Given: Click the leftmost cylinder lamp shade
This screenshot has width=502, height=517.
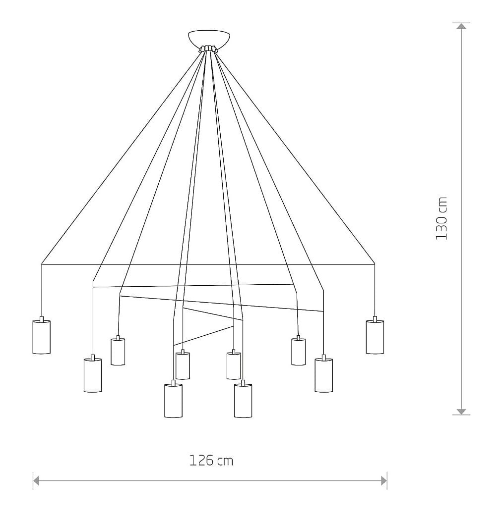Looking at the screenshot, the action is tap(42, 337).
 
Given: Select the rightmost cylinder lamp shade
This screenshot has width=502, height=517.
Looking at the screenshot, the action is tap(375, 337).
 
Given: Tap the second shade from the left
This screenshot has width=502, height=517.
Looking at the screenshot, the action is tap(93, 375).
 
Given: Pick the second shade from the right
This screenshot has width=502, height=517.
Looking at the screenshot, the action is tap(323, 375).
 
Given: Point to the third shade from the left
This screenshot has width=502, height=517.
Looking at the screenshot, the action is tap(118, 352).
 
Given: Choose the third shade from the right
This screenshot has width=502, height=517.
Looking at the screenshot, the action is tap(299, 352).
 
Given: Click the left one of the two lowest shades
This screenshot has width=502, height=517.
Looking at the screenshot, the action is tap(174, 401).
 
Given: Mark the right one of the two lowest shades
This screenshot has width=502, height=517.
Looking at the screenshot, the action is tap(243, 401).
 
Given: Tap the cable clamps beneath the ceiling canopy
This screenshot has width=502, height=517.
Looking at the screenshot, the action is tap(208, 49).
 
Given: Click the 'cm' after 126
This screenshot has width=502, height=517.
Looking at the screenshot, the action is tap(225, 462).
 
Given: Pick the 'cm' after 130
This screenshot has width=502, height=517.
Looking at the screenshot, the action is tap(442, 205).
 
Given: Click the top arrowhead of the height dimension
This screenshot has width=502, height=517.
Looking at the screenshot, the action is tap(461, 26).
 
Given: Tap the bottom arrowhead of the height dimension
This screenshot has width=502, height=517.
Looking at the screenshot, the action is tap(461, 412).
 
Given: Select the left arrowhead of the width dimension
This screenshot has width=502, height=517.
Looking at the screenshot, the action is tap(36, 480).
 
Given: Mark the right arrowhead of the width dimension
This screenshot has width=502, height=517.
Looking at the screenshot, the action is tap(384, 480).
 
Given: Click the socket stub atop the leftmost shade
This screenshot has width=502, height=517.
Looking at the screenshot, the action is tap(42, 318).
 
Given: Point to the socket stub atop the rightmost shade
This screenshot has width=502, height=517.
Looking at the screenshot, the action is tap(375, 318).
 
